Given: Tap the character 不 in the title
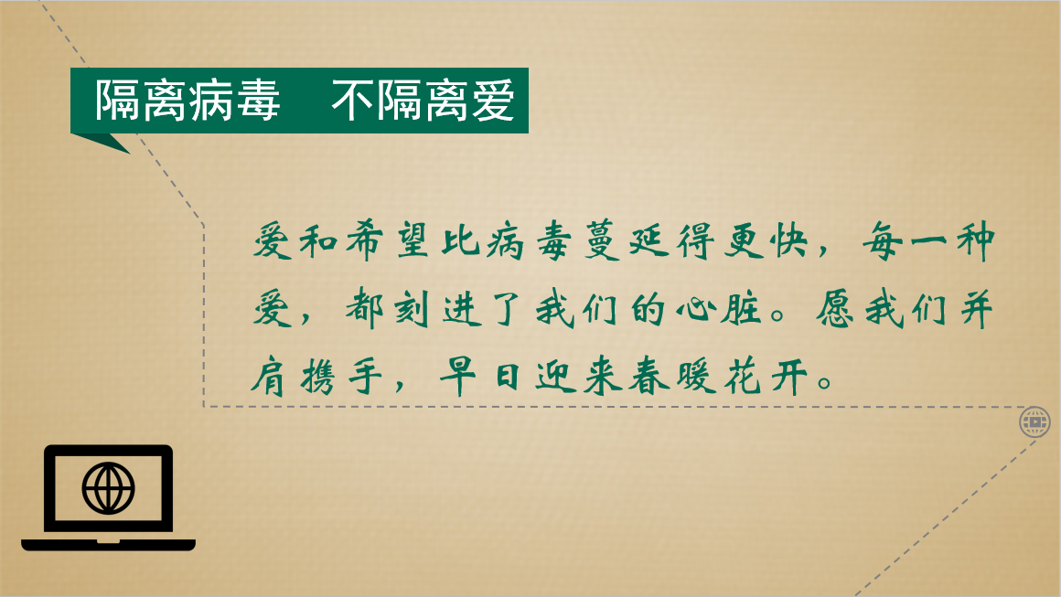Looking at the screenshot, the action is click(x=352, y=100).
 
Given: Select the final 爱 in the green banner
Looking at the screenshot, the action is click(x=493, y=100).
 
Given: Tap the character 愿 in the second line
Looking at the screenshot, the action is click(x=835, y=310).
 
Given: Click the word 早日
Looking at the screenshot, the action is click(x=479, y=376).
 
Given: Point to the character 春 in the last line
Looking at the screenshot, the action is click(x=649, y=376).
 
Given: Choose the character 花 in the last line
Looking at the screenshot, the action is click(x=743, y=376).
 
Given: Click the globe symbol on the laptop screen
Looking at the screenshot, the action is click(x=108, y=487).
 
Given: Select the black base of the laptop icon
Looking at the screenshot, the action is click(x=108, y=545).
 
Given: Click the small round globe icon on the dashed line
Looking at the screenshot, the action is click(x=1034, y=422).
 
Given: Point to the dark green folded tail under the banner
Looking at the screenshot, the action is click(x=102, y=143).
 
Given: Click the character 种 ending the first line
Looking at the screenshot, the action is click(x=976, y=240).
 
